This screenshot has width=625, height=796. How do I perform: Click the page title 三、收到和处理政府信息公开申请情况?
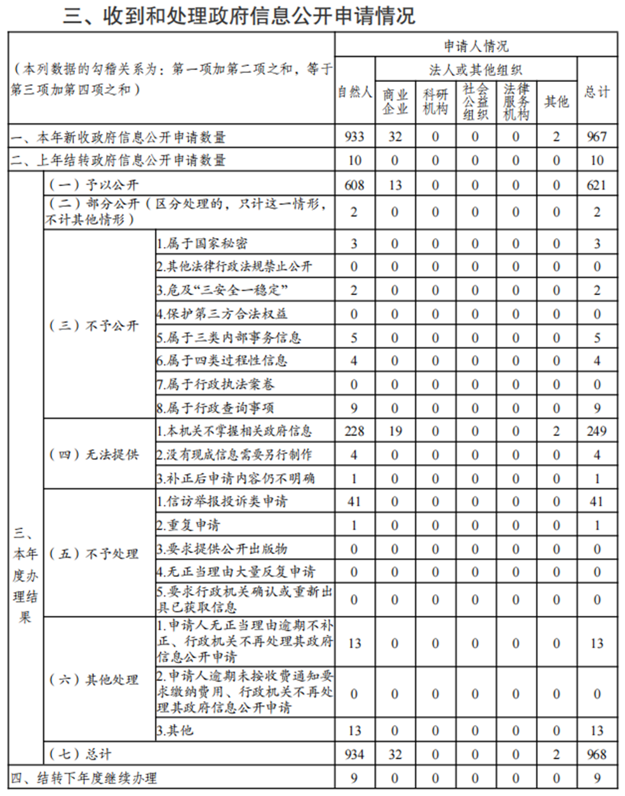(239, 16)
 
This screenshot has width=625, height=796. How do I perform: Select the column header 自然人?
(354, 93)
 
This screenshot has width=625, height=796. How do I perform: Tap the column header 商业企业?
(394, 102)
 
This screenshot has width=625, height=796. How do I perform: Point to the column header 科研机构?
(435, 102)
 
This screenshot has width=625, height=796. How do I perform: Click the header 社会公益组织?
(475, 102)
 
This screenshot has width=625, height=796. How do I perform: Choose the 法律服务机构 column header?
(516, 102)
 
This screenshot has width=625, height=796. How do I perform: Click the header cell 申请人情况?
(476, 46)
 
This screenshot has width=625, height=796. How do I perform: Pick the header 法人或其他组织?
(476, 70)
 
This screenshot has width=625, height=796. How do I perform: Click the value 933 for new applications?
(354, 136)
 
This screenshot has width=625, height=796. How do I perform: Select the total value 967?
(596, 136)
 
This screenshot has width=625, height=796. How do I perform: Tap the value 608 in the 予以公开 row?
(354, 185)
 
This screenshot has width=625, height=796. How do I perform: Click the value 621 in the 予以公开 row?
(596, 185)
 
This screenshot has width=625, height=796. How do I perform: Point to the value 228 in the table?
(354, 431)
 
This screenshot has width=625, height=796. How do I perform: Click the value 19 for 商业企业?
(394, 431)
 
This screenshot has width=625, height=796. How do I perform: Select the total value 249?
(596, 431)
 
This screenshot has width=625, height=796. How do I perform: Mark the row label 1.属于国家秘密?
(202, 244)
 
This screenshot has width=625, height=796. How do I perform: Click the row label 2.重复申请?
(189, 526)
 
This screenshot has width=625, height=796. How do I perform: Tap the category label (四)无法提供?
(93, 454)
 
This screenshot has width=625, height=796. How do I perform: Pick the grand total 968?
(596, 755)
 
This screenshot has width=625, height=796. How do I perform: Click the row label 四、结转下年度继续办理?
(84, 778)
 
